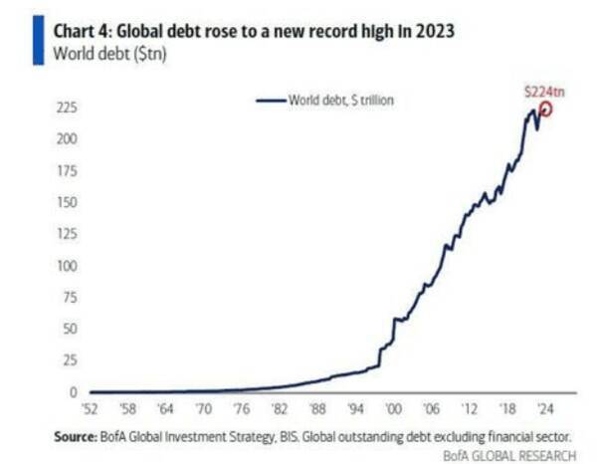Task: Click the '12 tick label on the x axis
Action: pyautogui.click(x=468, y=408)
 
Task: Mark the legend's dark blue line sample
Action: pyautogui.click(x=271, y=101)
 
